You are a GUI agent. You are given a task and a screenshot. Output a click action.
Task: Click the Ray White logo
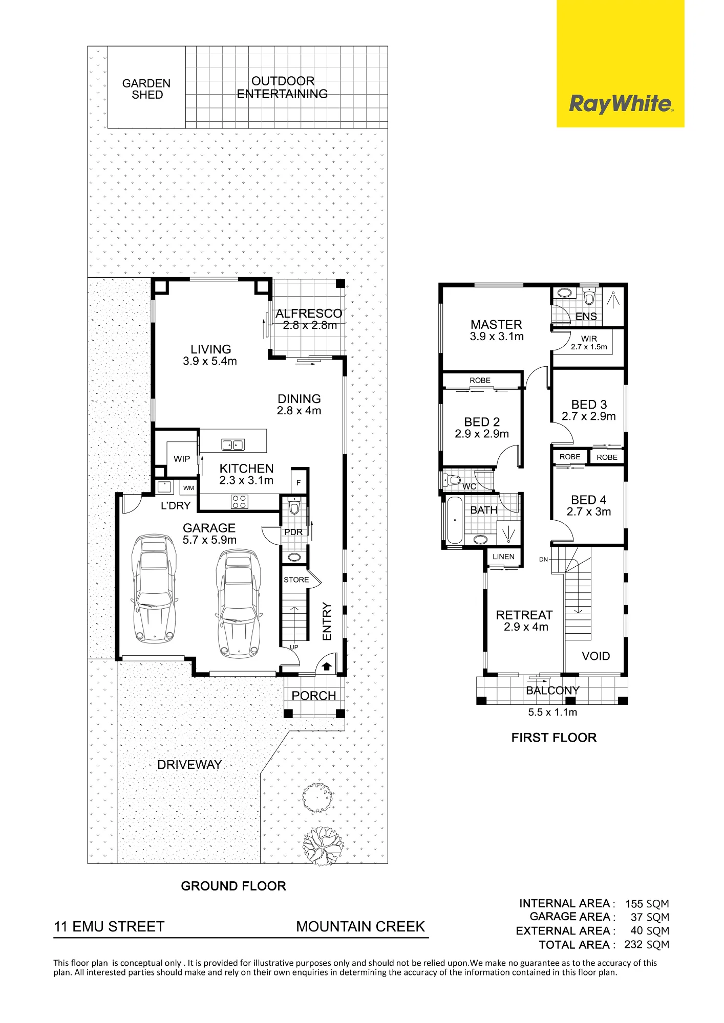[x=621, y=104]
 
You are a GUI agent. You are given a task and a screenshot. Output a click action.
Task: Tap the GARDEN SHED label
[x=146, y=89]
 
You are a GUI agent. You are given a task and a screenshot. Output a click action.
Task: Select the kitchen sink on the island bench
[x=233, y=444]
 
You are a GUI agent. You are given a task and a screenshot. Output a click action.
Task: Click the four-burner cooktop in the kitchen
[x=240, y=501]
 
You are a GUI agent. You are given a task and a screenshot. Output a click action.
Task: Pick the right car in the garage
[x=239, y=603]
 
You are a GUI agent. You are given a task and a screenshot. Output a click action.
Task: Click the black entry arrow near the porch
[x=327, y=666]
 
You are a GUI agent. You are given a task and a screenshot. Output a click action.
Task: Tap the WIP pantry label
[x=182, y=459]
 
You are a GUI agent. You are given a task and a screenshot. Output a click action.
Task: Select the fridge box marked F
[x=299, y=482]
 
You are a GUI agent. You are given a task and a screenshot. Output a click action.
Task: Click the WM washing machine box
[x=188, y=488]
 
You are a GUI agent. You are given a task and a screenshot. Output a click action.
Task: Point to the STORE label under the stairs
[x=296, y=580]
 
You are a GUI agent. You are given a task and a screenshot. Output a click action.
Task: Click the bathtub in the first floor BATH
[x=455, y=520]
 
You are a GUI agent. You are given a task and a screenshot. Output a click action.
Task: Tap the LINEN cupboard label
[x=503, y=557]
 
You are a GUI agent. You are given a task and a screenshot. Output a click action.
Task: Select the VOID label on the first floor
[x=596, y=656]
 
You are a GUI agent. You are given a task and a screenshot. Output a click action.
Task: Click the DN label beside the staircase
[x=544, y=560]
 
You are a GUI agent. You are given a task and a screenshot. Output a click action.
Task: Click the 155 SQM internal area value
[x=647, y=904]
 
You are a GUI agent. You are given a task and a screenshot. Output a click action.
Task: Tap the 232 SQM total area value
[x=647, y=945]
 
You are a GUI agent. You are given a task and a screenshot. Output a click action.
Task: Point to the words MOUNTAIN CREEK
[x=360, y=927]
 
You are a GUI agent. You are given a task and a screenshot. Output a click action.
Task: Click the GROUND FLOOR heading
[x=233, y=886]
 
